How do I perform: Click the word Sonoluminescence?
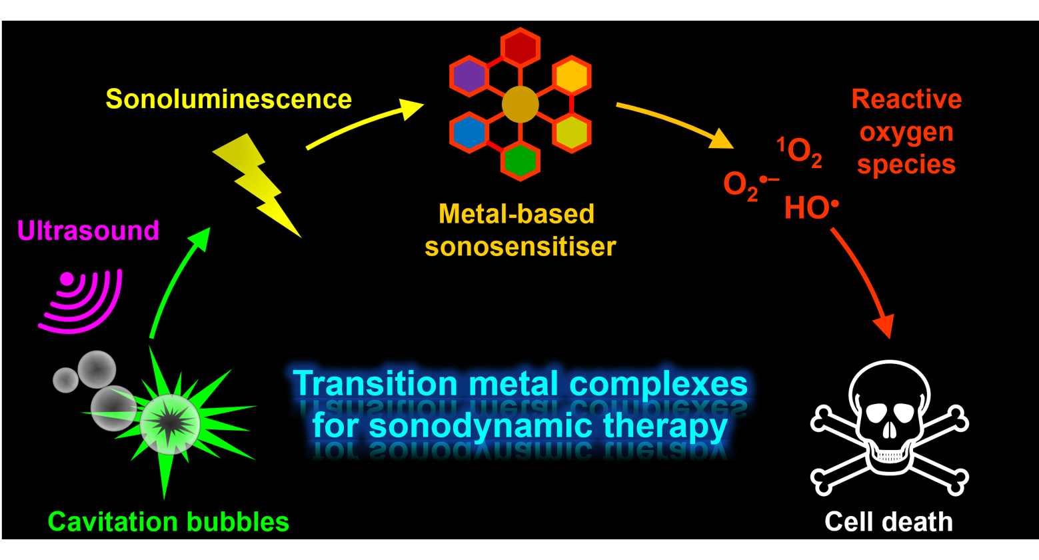pyautogui.click(x=229, y=99)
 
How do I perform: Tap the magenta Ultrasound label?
pyautogui.click(x=88, y=231)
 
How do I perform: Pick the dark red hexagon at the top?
pyautogui.click(x=520, y=47)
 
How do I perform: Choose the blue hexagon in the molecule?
pyautogui.click(x=469, y=133)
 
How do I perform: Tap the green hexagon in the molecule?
pyautogui.click(x=520, y=161)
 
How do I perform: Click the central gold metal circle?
pyautogui.click(x=520, y=105)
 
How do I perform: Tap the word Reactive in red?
pyautogui.click(x=906, y=99)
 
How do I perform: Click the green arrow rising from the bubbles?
pyautogui.click(x=177, y=283)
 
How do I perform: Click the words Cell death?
pyautogui.click(x=888, y=521)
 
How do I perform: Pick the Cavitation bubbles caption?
pyautogui.click(x=169, y=521)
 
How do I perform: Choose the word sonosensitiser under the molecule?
pyautogui.click(x=520, y=247)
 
